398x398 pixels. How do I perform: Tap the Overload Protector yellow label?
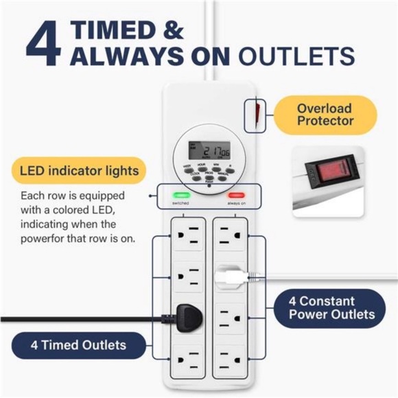(325, 115)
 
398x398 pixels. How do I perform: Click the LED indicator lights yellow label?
(80, 169)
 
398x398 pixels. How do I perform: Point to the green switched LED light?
(181, 195)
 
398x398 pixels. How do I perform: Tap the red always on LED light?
(236, 195)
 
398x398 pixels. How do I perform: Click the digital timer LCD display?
(209, 150)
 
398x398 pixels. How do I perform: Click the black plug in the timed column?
(180, 318)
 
